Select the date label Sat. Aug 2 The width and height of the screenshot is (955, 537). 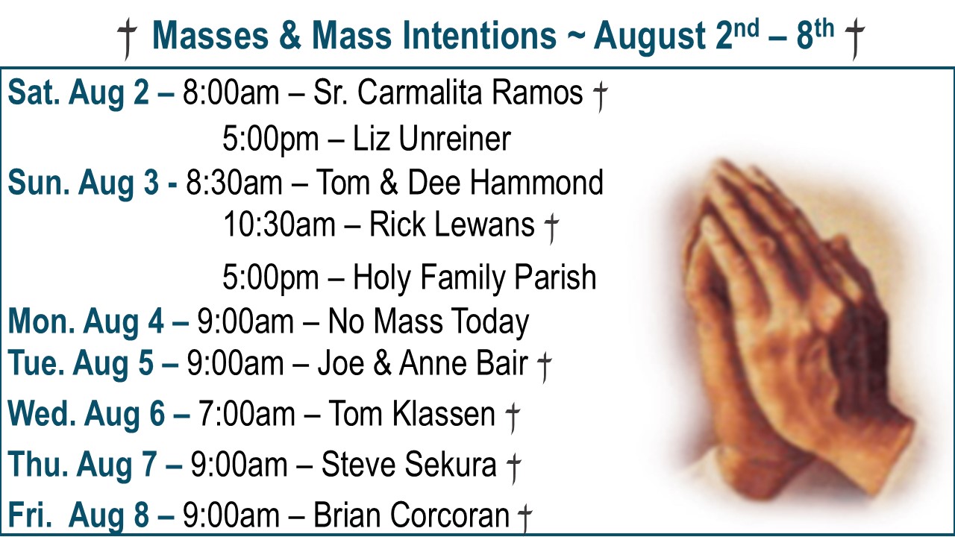click(79, 92)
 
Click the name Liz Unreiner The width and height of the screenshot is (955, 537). click(432, 139)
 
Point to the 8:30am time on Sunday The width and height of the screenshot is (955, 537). click(234, 183)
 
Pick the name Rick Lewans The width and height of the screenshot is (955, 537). click(451, 224)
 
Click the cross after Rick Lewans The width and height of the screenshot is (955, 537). click(551, 228)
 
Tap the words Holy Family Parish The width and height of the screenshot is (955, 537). click(475, 278)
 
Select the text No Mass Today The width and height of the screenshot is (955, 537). click(428, 321)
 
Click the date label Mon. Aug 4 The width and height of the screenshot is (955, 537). click(86, 321)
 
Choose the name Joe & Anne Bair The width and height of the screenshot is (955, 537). click(423, 363)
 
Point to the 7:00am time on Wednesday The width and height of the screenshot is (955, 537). click(246, 414)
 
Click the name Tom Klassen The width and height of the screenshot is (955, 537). click(411, 414)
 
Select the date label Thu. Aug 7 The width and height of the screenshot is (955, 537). click(82, 464)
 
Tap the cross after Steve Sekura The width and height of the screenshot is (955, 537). click(514, 468)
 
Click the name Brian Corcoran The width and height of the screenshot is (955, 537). click(411, 515)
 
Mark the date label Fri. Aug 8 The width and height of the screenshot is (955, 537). click(78, 515)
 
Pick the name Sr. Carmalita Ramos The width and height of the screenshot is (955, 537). click(448, 92)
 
